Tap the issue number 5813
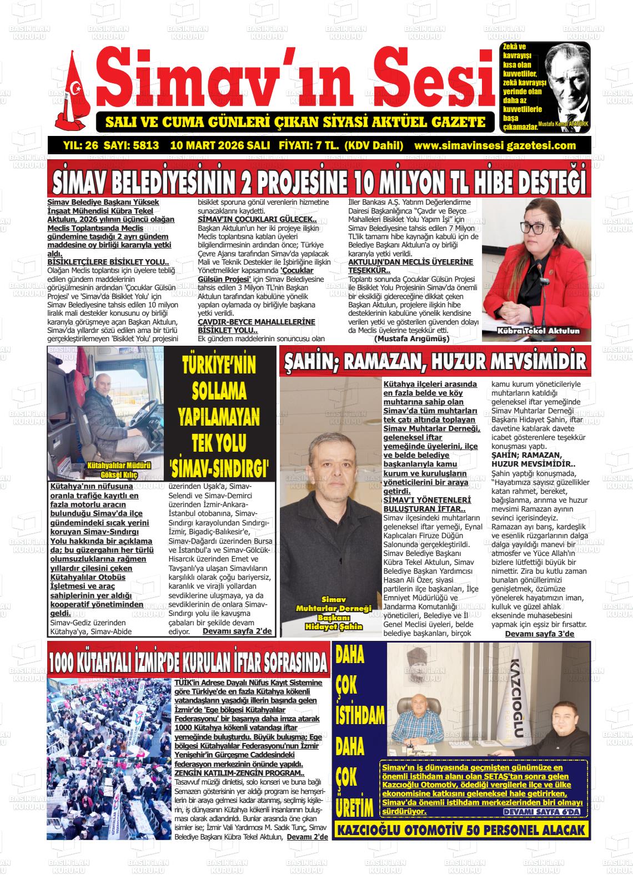[x=145, y=146]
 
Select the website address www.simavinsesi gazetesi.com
[x=495, y=146]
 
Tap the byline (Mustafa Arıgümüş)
[x=411, y=338]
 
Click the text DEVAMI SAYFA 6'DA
[x=541, y=812]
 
